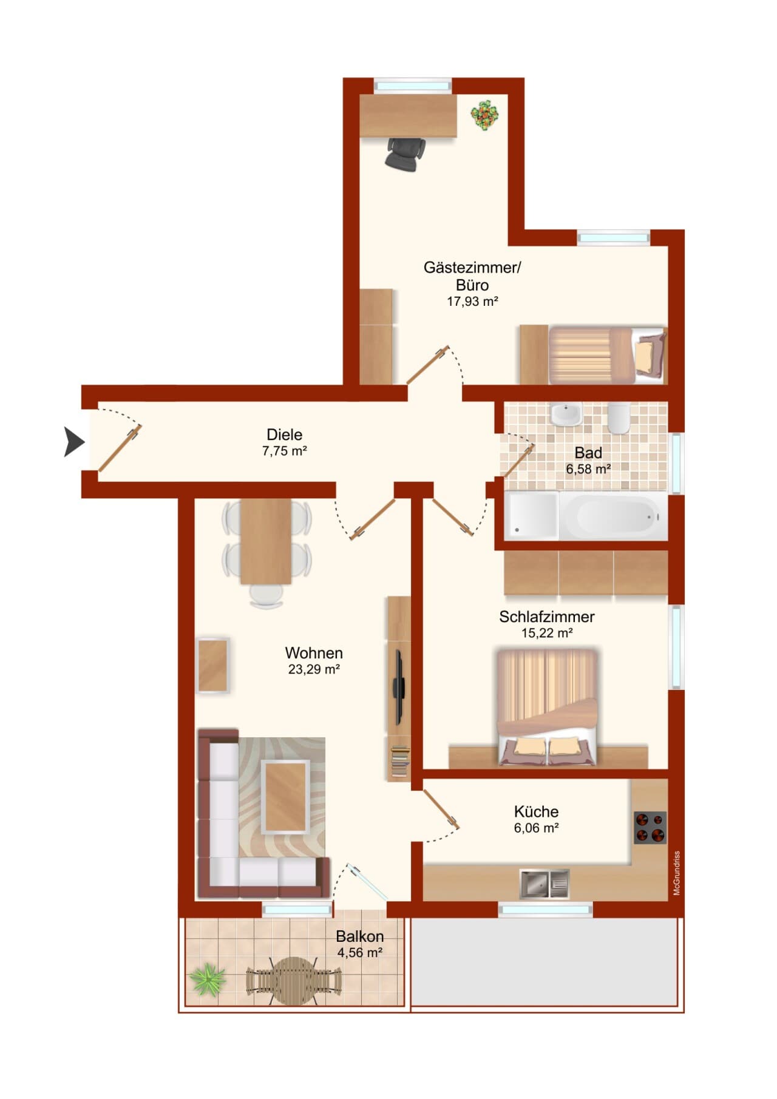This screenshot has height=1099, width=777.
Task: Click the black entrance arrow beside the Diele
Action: click(x=75, y=441)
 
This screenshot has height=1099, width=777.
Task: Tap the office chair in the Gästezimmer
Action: click(x=405, y=154)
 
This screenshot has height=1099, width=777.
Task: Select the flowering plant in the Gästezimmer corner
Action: click(x=485, y=115)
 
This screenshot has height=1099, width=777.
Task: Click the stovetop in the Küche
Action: click(x=650, y=827)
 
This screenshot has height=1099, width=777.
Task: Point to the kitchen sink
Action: click(x=545, y=884)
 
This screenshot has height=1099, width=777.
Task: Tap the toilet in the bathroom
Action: click(x=619, y=418)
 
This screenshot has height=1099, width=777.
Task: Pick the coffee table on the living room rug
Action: click(x=286, y=797)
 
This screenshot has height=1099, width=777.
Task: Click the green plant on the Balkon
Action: click(x=207, y=978)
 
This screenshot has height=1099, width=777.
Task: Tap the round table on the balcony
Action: click(x=294, y=981)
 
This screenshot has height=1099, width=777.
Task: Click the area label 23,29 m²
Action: click(x=314, y=669)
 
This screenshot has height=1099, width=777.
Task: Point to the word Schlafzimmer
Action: click(x=546, y=617)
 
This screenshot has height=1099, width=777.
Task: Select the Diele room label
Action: click(x=284, y=435)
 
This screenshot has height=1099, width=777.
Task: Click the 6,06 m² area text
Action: click(x=536, y=828)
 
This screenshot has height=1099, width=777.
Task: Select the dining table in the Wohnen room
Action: click(x=266, y=541)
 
